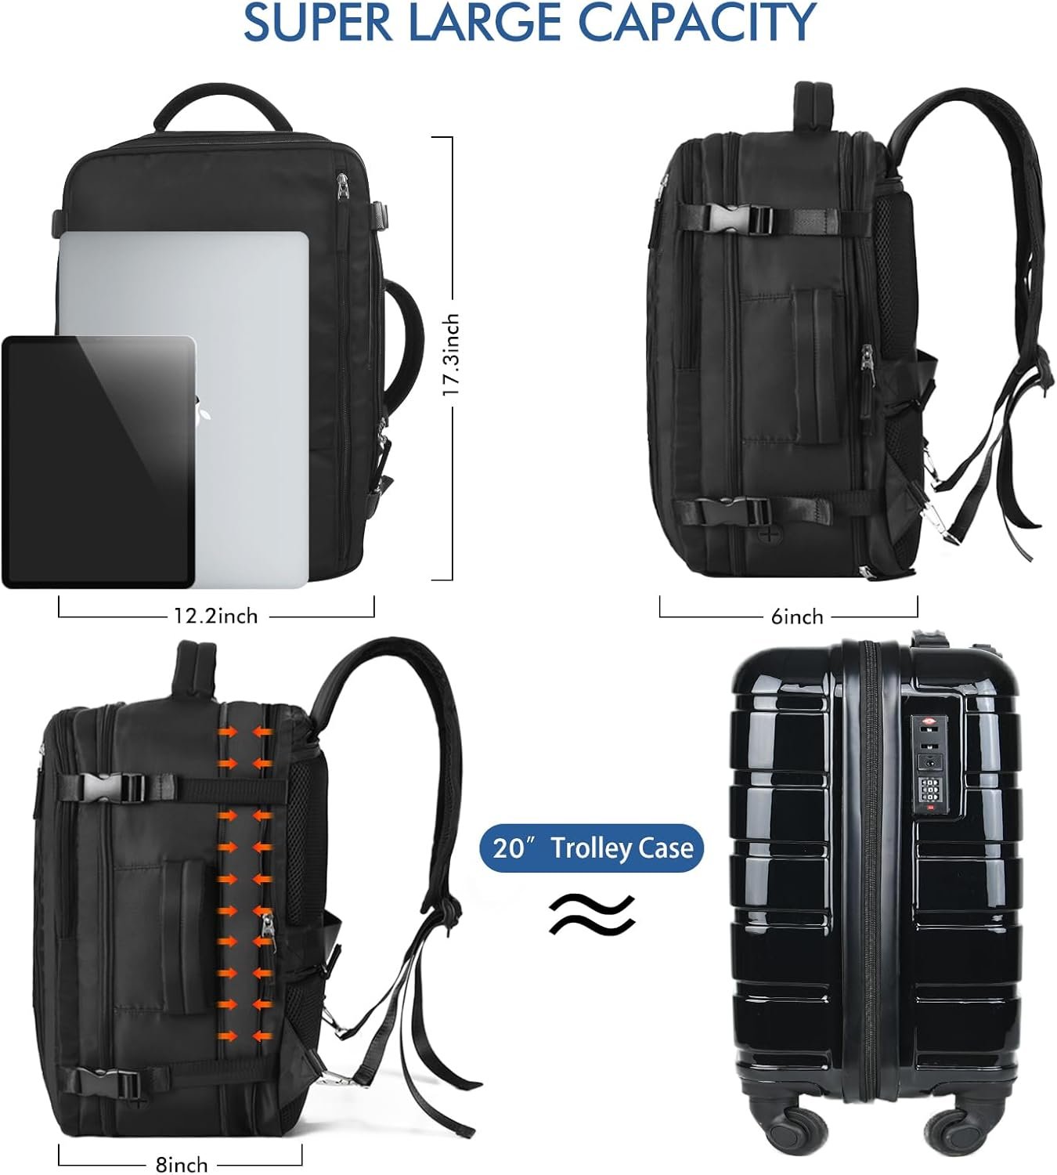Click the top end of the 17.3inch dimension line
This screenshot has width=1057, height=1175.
click(x=452, y=137)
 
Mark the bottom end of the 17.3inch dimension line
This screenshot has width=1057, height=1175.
click(x=452, y=580)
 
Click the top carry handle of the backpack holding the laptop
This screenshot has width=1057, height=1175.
click(x=222, y=107)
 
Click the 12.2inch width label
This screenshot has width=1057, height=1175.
click(x=215, y=616)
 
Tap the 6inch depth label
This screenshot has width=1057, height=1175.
click(x=797, y=616)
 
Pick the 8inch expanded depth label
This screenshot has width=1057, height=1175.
click(x=182, y=1165)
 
